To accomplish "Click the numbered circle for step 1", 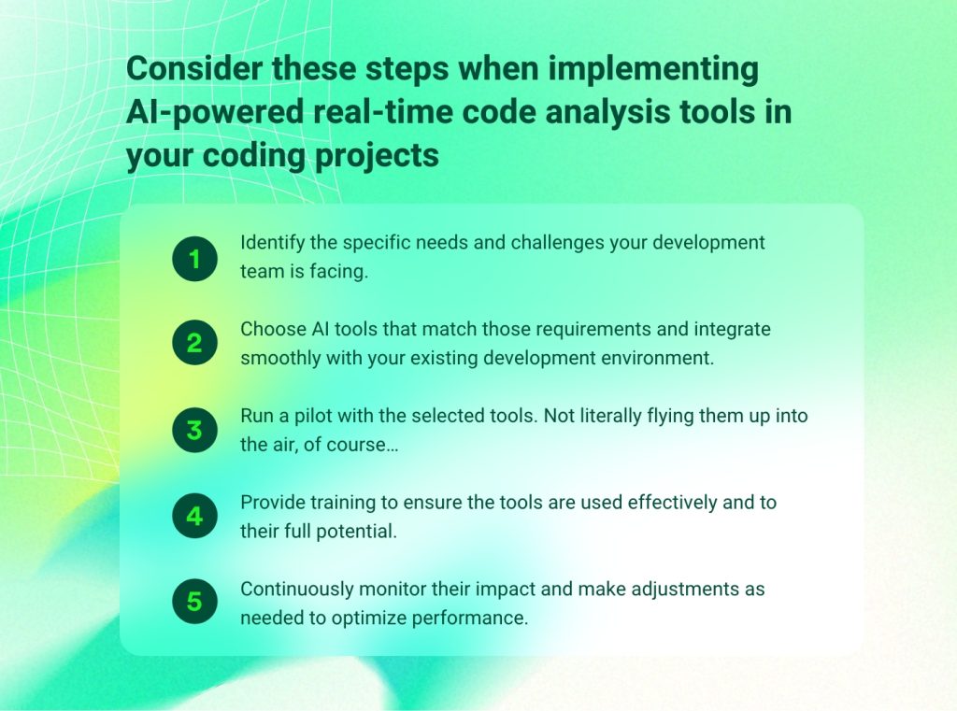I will point(194,258).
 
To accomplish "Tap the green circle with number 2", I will point(194,344).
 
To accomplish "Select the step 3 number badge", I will point(194,431).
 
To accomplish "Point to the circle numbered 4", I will point(194,517).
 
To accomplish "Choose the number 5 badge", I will point(194,603).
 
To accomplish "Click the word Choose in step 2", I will point(269,329).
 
